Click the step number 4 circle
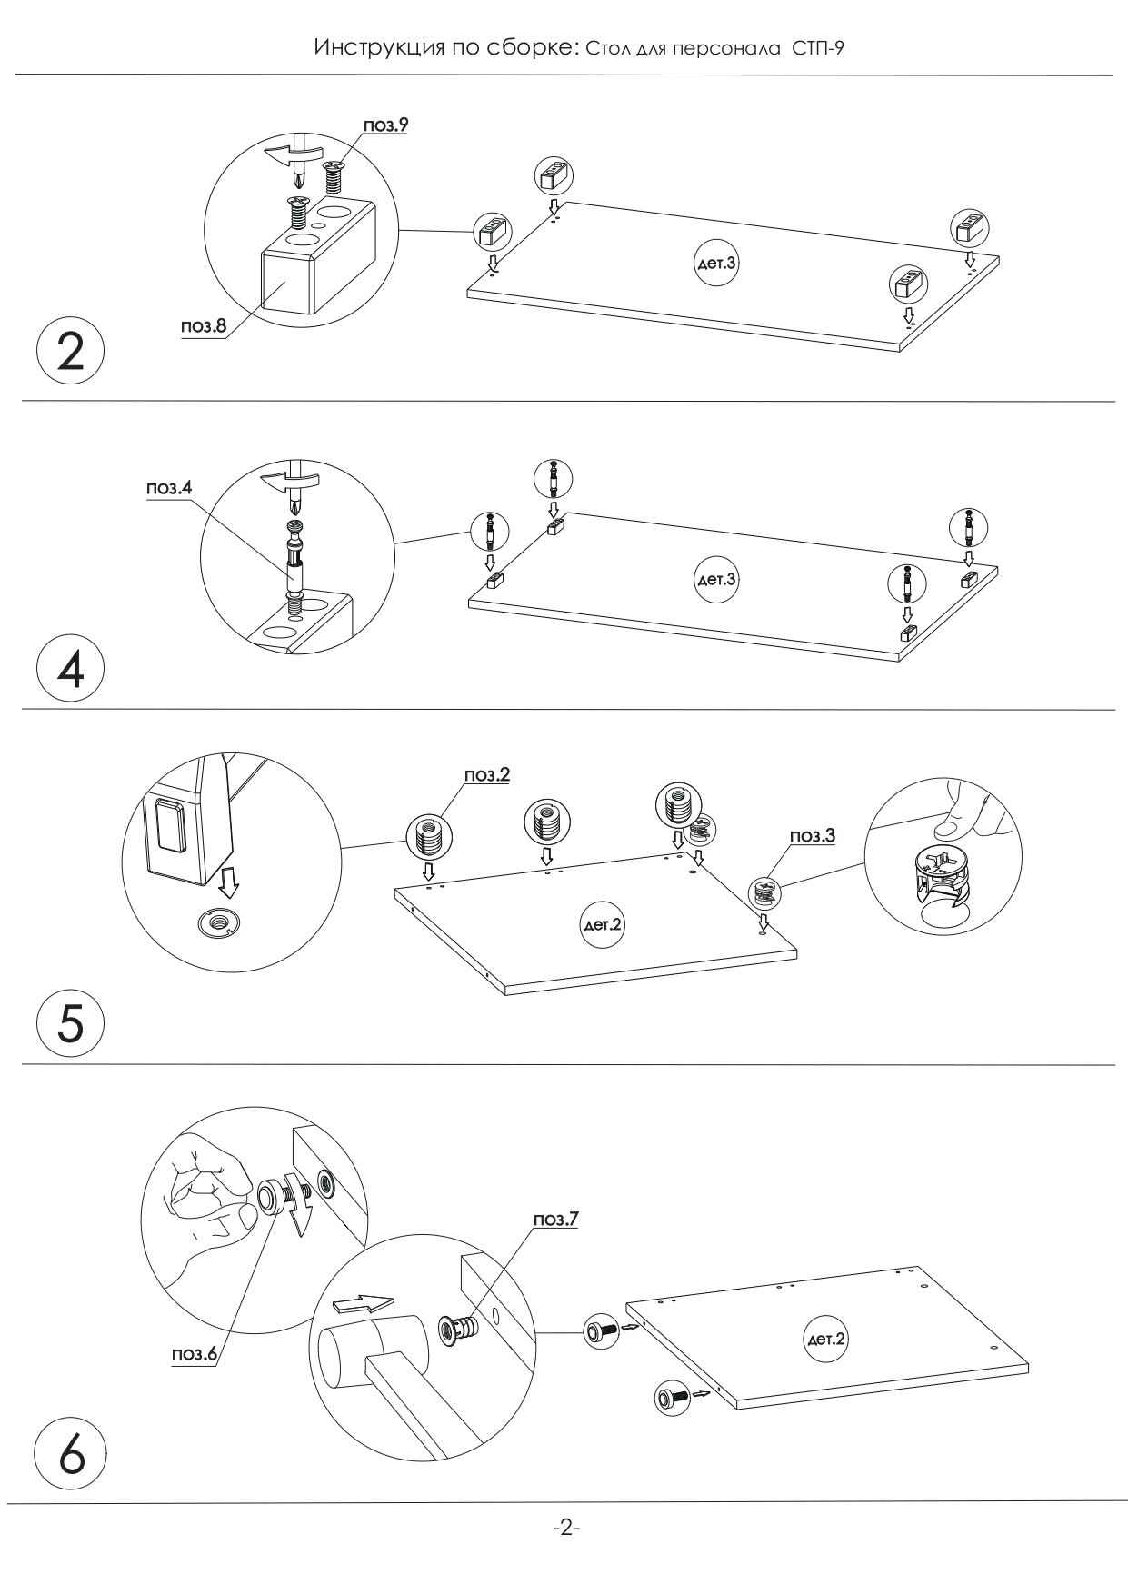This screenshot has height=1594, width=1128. [70, 672]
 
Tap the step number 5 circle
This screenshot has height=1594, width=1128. [70, 1024]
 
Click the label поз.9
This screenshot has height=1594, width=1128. [385, 125]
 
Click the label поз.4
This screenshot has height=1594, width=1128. [169, 488]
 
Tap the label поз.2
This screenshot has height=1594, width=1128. [487, 775]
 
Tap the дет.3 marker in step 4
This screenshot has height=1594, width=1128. [714, 579]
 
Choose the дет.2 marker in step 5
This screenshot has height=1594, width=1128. [602, 926]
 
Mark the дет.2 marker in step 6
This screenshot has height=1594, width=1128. [825, 1339]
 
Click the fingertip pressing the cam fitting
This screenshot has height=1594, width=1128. [948, 825]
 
